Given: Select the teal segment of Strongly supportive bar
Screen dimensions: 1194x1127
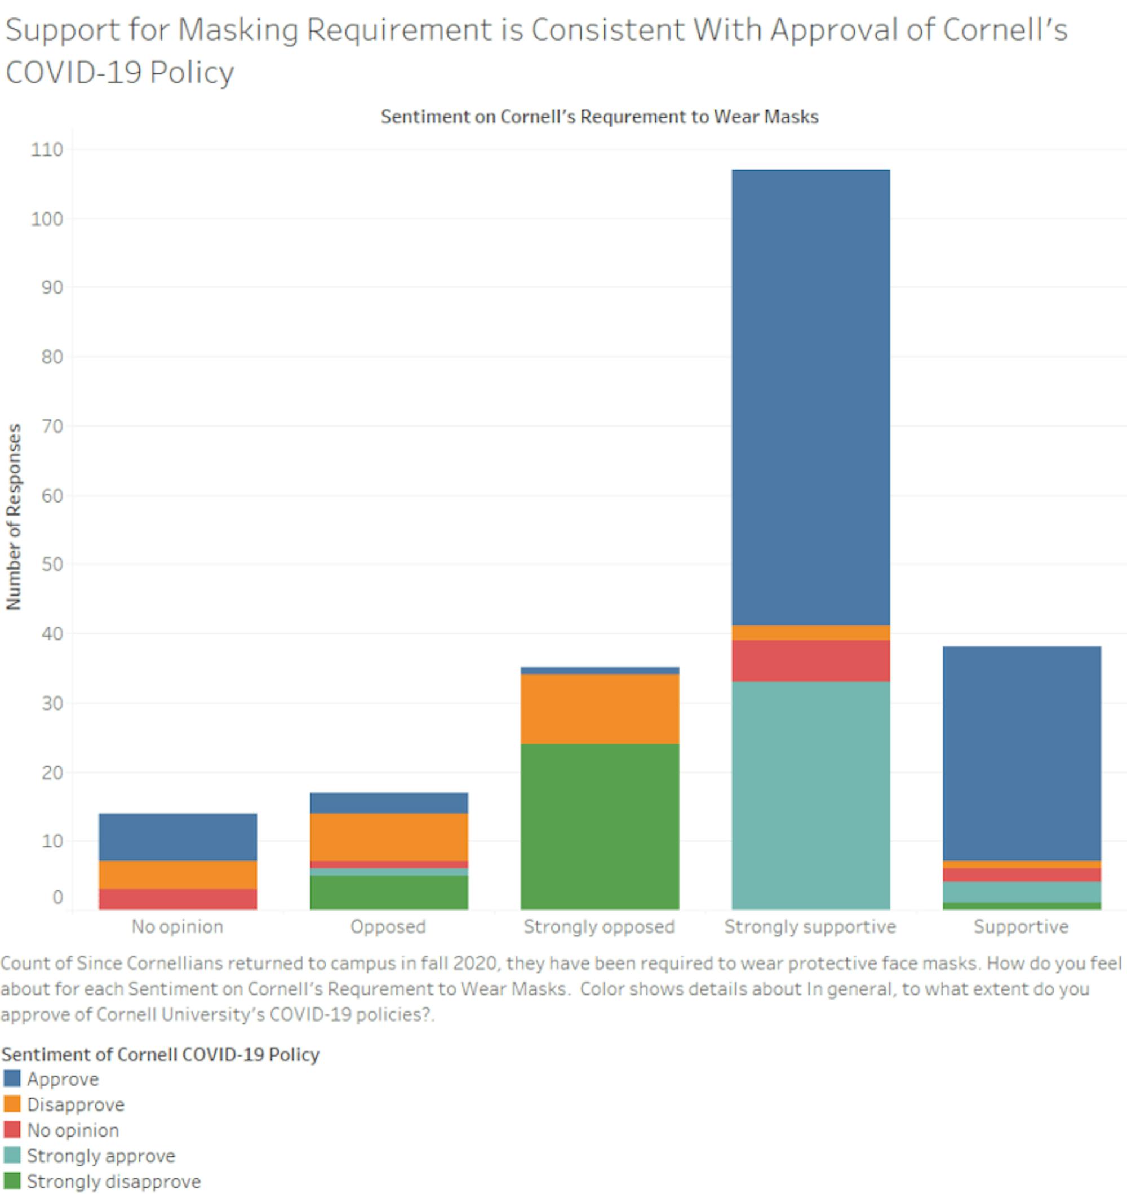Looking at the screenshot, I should (810, 795).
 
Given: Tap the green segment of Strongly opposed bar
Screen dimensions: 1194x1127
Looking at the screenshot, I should (600, 827).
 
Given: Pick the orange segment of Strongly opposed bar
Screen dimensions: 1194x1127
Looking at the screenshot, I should (600, 709).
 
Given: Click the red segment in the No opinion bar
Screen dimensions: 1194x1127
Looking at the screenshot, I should (178, 899).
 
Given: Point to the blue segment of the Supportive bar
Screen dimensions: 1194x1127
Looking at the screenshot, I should (1021, 753).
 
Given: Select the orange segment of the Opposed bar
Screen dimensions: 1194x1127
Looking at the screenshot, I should (389, 837).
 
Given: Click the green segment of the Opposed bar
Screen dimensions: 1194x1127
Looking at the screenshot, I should (389, 892).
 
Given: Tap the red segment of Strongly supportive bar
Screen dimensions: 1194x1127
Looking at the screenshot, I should (810, 660).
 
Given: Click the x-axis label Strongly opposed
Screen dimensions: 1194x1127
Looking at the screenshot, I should (599, 927).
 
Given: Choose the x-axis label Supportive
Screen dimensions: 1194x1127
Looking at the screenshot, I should (1020, 927).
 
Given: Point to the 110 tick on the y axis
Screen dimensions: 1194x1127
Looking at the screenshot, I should (47, 149).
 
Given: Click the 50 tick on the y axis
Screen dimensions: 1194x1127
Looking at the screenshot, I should (47, 565).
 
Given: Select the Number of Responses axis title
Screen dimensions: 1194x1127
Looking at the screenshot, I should (13, 517).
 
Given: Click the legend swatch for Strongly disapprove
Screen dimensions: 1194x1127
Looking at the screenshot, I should (11, 1181).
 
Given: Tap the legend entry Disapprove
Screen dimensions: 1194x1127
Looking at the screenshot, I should (75, 1104).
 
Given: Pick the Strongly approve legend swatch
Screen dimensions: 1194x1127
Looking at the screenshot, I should (11, 1155).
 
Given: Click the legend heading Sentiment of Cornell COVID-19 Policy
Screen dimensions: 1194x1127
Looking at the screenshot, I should (160, 1055).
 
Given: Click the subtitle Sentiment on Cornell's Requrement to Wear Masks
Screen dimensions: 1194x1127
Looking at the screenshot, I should (599, 117).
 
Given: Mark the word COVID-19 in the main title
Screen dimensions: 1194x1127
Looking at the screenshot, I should (72, 73).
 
